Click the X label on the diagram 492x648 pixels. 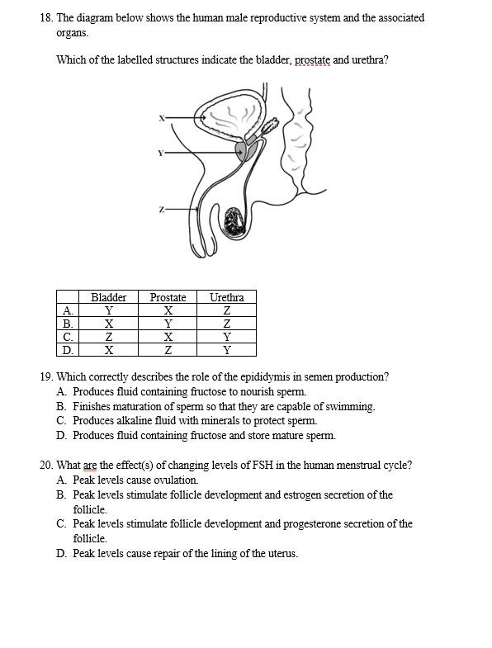click(161, 118)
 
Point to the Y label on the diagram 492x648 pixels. click(161, 153)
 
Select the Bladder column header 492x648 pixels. click(108, 297)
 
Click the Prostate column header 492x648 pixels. click(168, 297)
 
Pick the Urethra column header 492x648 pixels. click(226, 297)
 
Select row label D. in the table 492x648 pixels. click(67, 348)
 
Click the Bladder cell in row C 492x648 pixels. click(108, 336)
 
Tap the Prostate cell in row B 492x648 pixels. click(168, 324)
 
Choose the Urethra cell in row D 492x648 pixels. click(226, 348)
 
